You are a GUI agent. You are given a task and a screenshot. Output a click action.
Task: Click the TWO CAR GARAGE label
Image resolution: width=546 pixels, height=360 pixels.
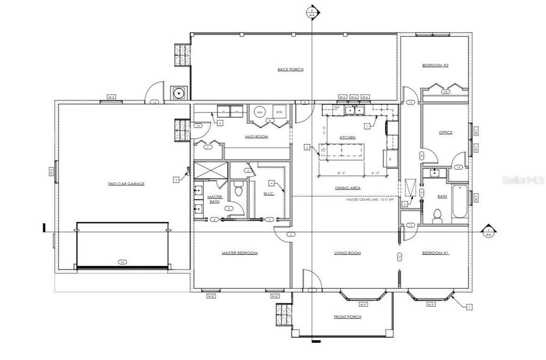[126, 183]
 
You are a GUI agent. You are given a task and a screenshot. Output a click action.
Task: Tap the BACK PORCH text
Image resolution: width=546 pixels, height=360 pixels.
[291, 69]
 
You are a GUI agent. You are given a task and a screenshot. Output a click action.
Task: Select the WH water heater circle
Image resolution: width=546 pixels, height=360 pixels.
[260, 113]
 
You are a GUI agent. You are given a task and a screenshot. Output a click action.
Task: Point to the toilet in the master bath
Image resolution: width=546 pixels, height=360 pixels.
[238, 190]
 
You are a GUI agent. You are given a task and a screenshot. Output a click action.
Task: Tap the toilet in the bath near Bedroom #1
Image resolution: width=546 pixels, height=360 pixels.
[437, 215]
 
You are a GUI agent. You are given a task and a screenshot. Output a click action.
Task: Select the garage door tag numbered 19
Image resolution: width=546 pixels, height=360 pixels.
[123, 262]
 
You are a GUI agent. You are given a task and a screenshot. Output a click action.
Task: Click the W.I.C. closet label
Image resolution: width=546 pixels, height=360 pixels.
[269, 193]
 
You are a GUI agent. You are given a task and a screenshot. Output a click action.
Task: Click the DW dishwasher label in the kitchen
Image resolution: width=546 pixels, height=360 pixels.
[336, 107]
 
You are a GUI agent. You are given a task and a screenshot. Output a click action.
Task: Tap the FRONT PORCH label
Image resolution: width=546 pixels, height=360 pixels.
[348, 317]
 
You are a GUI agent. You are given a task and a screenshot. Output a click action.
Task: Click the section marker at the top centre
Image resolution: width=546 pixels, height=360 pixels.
[312, 11]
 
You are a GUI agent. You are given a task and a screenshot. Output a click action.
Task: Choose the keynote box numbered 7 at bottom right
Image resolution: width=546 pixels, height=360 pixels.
[469, 307]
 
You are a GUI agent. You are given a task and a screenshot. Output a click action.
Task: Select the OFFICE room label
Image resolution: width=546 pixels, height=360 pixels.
[446, 132]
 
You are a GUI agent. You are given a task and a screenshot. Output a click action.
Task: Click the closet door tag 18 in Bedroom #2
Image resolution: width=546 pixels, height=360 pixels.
[445, 92]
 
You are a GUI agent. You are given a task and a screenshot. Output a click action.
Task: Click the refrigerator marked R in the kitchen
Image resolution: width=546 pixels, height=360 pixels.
[390, 159]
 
